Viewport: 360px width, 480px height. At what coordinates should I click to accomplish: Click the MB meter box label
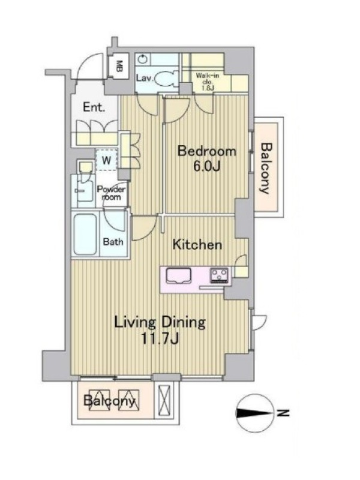click(119, 66)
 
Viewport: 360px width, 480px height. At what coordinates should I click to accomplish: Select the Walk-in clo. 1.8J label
click(207, 82)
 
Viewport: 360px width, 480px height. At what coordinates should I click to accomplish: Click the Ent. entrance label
click(94, 107)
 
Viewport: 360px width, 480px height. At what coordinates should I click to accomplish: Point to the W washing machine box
click(107, 160)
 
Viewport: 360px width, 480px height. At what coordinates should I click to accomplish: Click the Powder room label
click(111, 193)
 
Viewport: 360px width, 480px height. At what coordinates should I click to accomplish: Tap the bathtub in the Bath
click(85, 234)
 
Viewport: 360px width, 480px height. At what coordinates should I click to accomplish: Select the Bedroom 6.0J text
click(207, 158)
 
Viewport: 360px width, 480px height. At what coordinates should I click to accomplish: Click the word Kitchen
click(197, 245)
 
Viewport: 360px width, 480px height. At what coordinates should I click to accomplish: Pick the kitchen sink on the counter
click(178, 275)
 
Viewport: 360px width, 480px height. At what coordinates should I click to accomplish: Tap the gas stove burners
click(219, 275)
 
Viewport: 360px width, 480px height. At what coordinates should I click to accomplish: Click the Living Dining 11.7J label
click(160, 330)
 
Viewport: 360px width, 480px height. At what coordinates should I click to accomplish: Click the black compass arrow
click(254, 413)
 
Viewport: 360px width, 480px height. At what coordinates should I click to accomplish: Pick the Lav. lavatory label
click(145, 79)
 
